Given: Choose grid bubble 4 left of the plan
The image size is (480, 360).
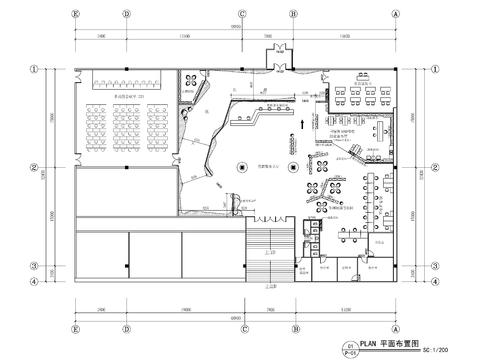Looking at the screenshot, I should (x=33, y=281).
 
